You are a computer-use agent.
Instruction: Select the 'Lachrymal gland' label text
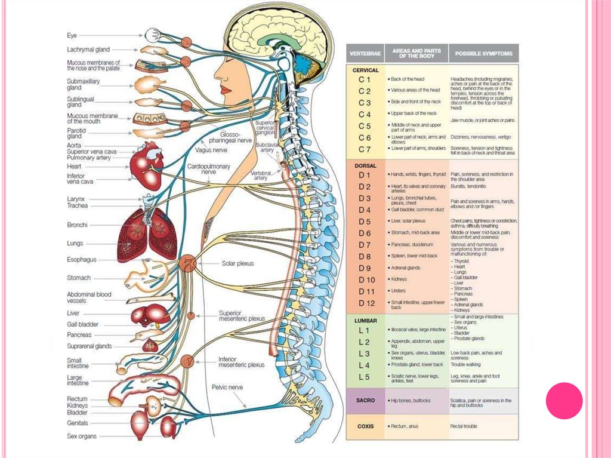(x=88, y=50)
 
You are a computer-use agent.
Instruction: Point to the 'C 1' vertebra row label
(x=365, y=79)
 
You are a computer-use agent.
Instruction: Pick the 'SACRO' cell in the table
(x=365, y=400)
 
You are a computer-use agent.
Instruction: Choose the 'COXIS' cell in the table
(x=365, y=426)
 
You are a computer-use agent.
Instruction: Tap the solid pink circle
(x=564, y=400)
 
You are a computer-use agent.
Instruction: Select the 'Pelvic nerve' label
(x=227, y=387)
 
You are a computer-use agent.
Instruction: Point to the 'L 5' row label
(x=365, y=377)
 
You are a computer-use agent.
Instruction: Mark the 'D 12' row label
(x=366, y=303)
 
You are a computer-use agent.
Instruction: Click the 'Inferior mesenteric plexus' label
(x=241, y=362)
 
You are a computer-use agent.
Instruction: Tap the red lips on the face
(x=225, y=89)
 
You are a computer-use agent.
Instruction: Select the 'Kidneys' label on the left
(x=78, y=406)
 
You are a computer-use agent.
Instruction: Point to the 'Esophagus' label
(x=82, y=260)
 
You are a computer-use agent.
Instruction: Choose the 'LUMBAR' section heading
(x=366, y=321)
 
